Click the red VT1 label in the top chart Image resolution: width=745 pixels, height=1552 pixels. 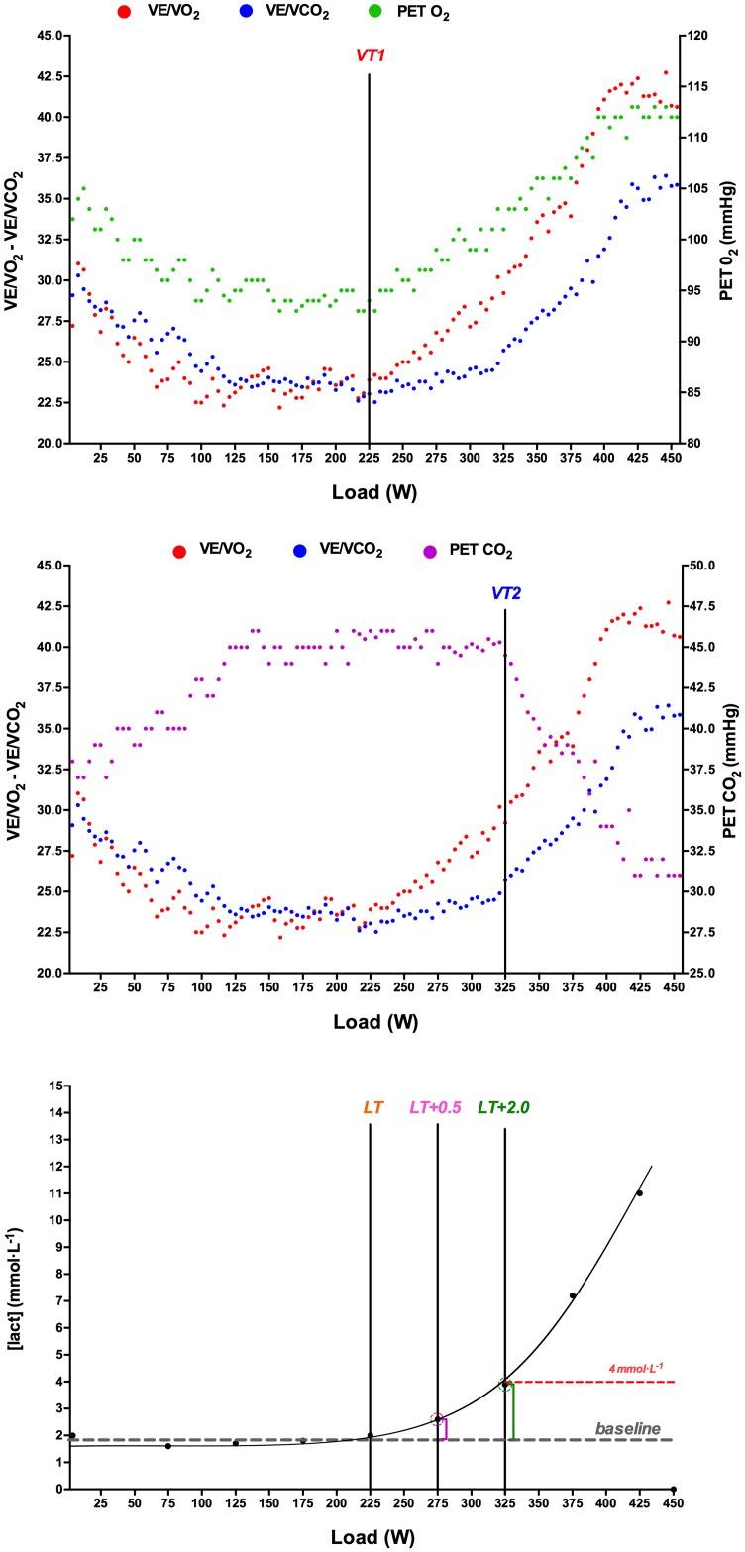[370, 56]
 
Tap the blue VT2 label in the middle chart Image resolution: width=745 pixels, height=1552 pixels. [505, 594]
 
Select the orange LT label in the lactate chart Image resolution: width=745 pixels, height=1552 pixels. [372, 1107]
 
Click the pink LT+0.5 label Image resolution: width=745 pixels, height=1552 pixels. [436, 1107]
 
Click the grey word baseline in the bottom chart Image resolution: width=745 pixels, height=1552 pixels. [627, 1428]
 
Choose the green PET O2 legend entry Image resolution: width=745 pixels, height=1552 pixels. [417, 13]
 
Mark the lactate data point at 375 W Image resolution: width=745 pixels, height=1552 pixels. [572, 1295]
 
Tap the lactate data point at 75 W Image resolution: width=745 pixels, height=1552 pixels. [168, 1446]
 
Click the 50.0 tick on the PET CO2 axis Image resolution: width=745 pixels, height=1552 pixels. [699, 566]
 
